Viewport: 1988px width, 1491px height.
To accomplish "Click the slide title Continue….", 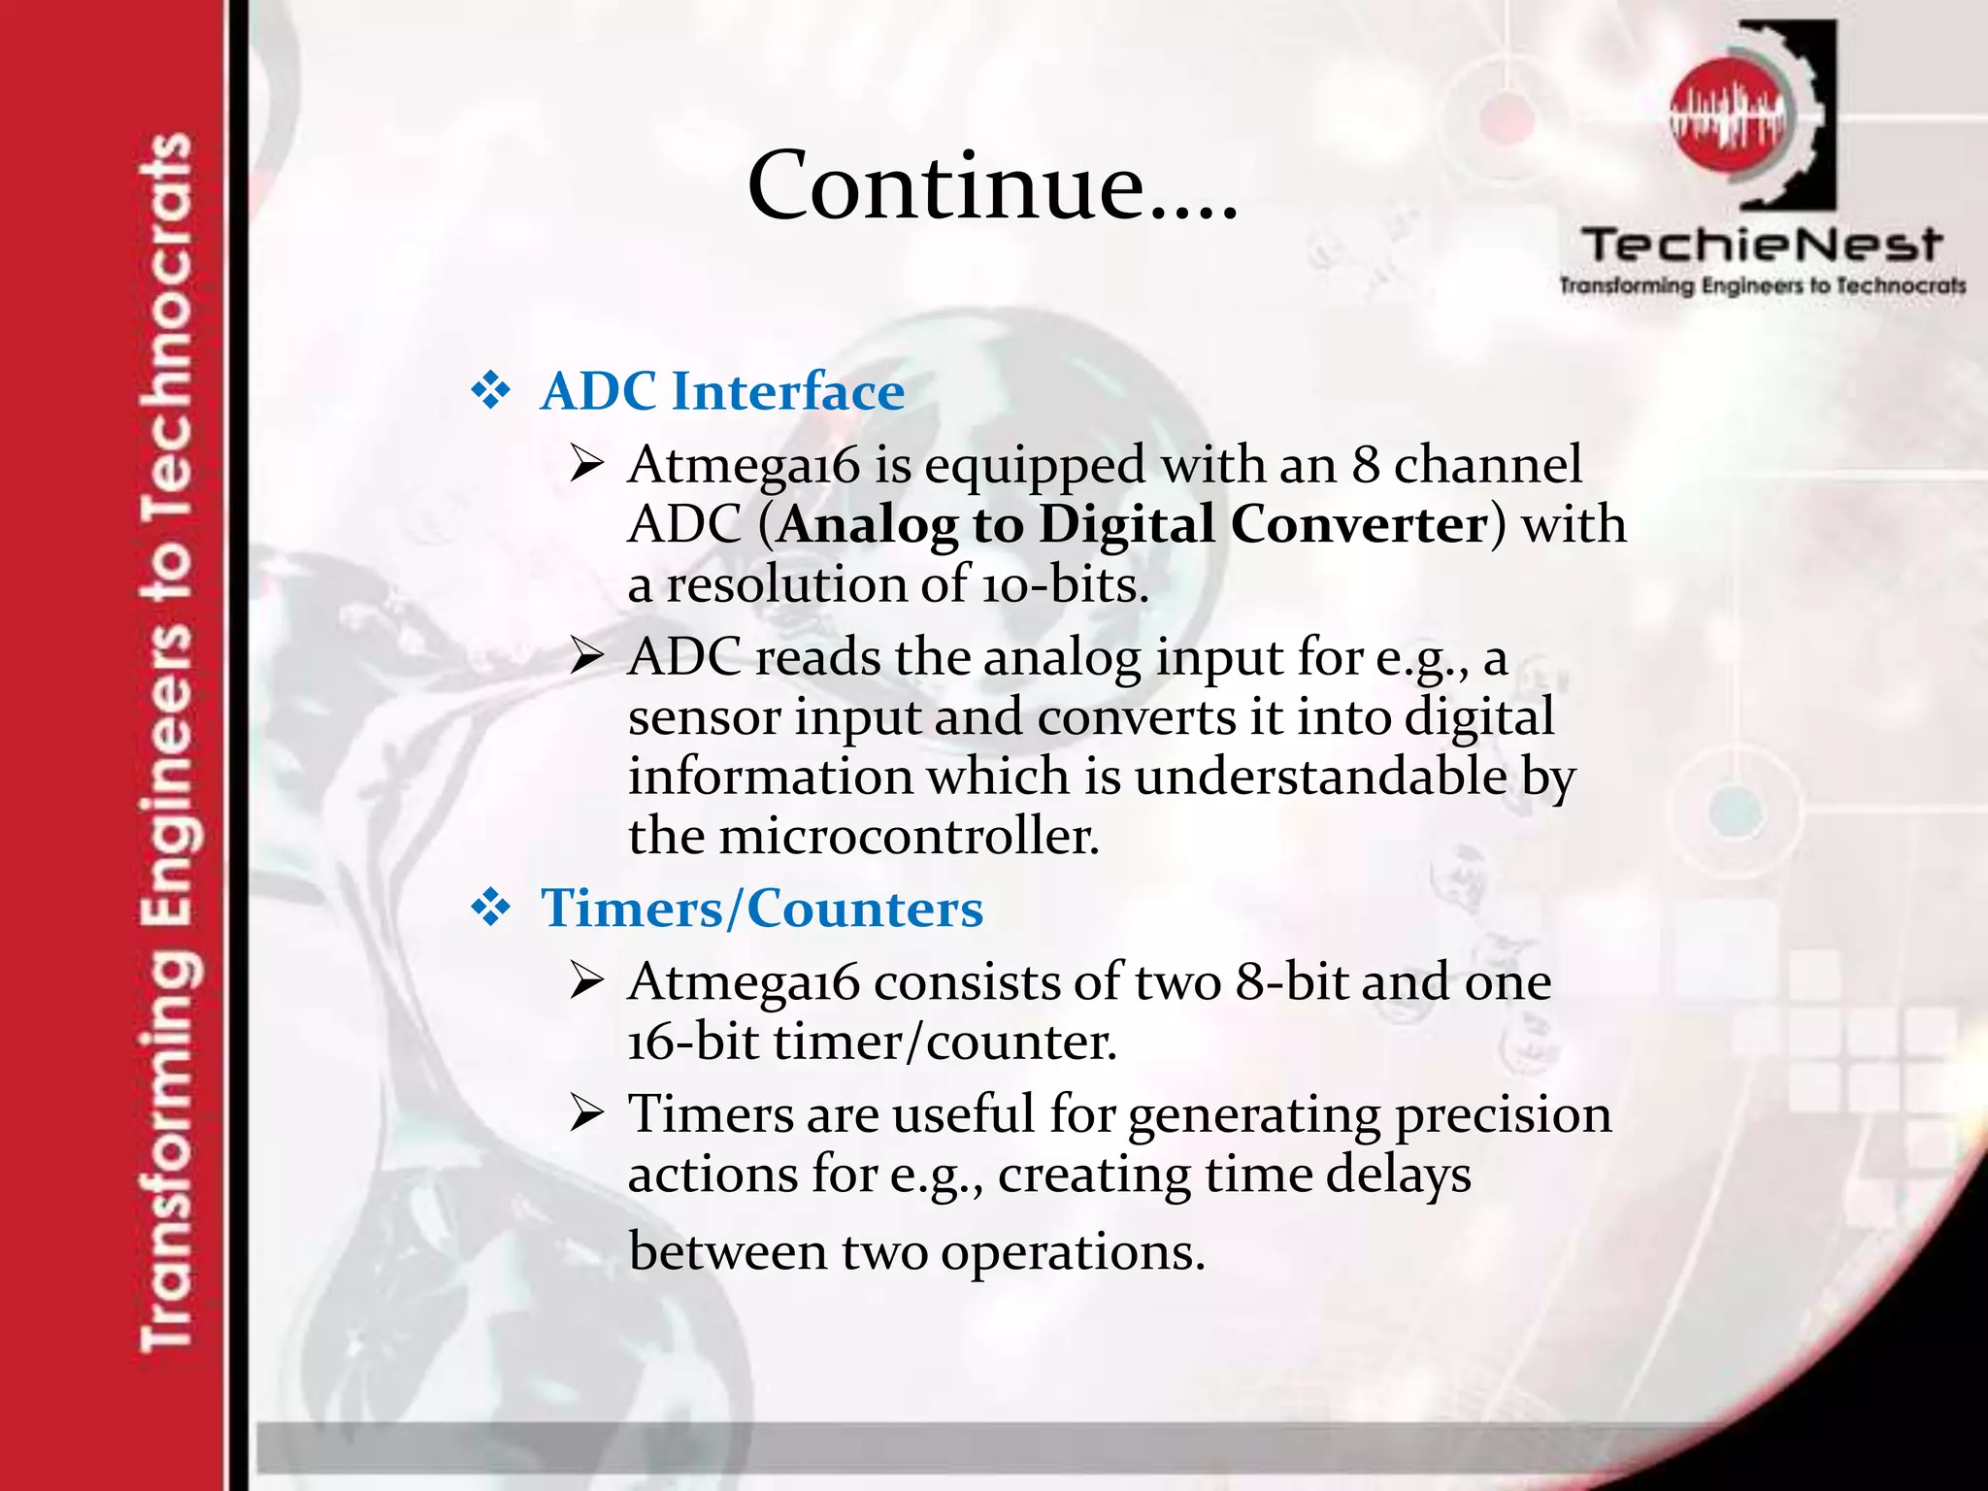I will pyautogui.click(x=992, y=185).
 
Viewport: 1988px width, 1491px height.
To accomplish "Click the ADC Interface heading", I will pyautogui.click(x=722, y=392).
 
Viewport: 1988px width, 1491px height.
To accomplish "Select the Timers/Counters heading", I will pyautogui.click(x=762, y=910).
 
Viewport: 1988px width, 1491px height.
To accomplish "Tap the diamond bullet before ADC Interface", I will pyautogui.click(x=490, y=391).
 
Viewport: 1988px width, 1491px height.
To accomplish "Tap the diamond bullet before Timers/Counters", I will pyautogui.click(x=490, y=909).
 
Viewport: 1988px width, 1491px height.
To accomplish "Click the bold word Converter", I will pyautogui.click(x=1358, y=525).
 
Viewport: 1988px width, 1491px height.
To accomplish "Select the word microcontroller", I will pyautogui.click(x=909, y=836).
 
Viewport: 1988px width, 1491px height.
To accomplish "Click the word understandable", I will pyautogui.click(x=1320, y=777).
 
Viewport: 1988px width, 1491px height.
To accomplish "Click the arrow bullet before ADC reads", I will pyautogui.click(x=587, y=658).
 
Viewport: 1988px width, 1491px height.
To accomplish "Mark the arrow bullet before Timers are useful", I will pyautogui.click(x=587, y=1114).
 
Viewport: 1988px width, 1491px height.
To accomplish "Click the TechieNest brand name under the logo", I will pyautogui.click(x=1762, y=245).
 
